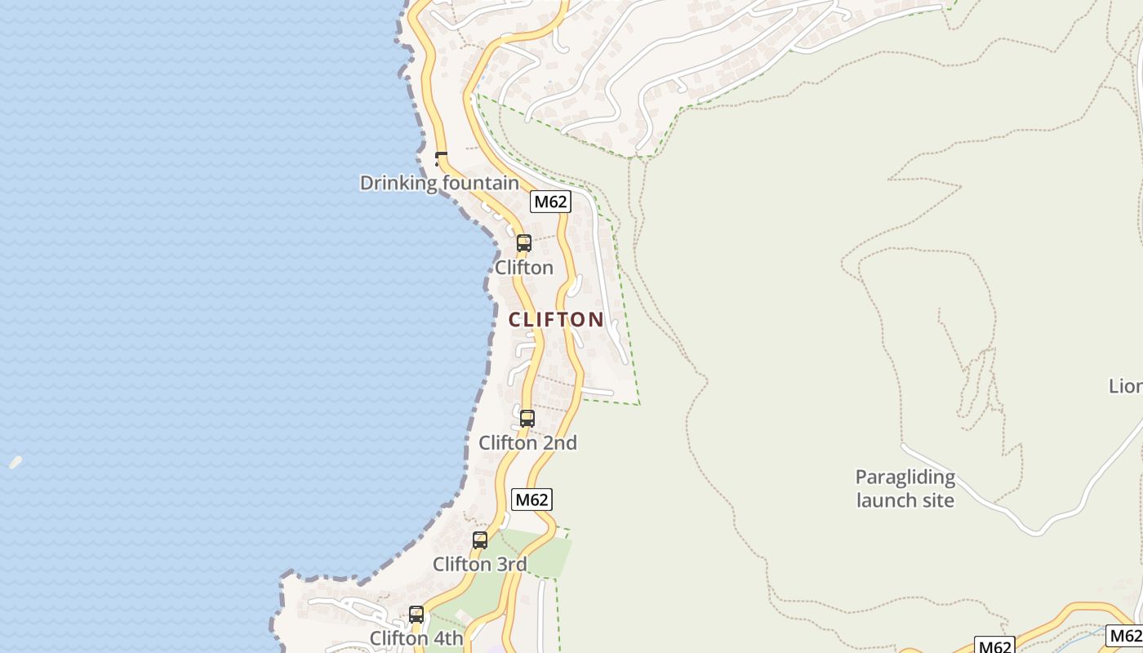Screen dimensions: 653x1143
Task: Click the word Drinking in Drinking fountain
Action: coord(398,183)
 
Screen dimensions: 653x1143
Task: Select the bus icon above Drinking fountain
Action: coord(441,158)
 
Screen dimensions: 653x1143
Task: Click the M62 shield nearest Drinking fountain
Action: coord(549,202)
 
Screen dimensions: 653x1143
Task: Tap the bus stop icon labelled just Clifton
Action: coord(524,243)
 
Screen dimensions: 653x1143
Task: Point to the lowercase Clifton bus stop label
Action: coord(524,268)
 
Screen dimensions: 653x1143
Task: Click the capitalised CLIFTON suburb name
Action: coord(556,319)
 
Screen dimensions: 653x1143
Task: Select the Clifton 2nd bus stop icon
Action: coord(527,419)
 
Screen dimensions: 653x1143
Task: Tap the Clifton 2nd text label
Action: coord(527,443)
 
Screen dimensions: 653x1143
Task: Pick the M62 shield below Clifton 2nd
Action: coord(531,500)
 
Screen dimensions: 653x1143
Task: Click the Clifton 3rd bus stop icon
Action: coord(480,540)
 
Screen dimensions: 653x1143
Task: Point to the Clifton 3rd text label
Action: coord(479,564)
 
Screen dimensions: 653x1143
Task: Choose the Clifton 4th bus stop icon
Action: coord(416,615)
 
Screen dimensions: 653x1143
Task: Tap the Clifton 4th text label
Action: coord(416,638)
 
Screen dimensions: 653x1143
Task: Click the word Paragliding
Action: coord(905,478)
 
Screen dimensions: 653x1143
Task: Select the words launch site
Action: coord(905,500)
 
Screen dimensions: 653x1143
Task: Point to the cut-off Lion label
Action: coord(1126,386)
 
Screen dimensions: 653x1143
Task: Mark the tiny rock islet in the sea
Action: coord(16,462)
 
